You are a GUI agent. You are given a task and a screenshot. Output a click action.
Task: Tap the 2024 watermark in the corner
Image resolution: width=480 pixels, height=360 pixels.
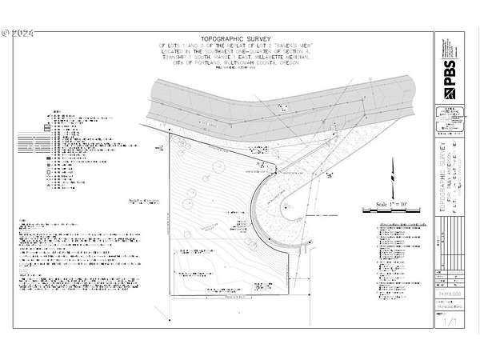(18, 34)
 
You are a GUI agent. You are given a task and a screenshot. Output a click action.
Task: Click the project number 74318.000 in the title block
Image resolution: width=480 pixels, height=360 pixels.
(449, 294)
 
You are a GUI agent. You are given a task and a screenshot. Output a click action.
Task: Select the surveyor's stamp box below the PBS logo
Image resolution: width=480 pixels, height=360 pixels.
(448, 118)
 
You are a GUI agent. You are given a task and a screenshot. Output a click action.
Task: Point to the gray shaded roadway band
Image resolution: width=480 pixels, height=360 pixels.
(264, 100)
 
